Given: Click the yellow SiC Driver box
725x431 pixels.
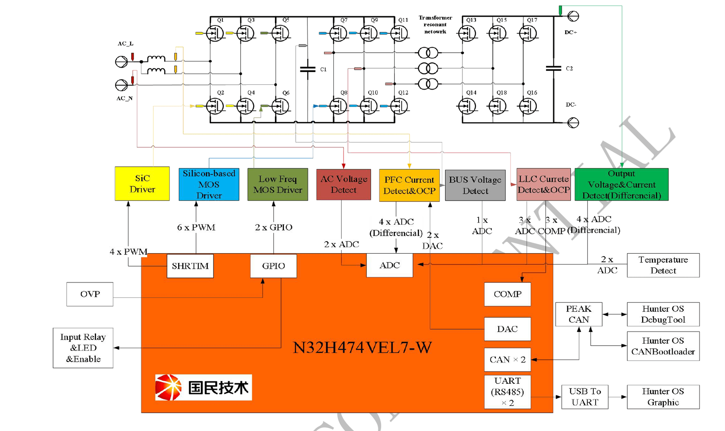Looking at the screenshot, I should (x=142, y=184).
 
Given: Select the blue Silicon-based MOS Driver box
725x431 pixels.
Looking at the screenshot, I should (x=209, y=184).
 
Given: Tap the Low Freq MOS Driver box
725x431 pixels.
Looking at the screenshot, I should (x=277, y=184).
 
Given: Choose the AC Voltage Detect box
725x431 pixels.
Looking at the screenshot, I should (x=343, y=184).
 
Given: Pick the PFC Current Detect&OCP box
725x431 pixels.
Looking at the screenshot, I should (x=409, y=185).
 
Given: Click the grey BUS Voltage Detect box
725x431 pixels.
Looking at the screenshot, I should (x=475, y=185).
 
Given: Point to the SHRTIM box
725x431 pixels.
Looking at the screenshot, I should (x=190, y=266).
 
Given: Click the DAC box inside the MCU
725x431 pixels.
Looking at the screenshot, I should (x=507, y=329).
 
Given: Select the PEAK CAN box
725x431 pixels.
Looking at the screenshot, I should (x=578, y=314).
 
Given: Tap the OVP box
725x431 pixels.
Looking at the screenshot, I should (x=90, y=294).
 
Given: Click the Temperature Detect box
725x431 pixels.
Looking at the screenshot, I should (x=663, y=265).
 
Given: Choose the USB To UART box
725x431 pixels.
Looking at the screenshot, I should (x=585, y=397).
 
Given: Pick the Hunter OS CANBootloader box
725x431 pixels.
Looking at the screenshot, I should (x=663, y=346).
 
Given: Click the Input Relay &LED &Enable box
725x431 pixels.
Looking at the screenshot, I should (x=83, y=348).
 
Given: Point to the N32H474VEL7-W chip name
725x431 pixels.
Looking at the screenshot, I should (x=362, y=348).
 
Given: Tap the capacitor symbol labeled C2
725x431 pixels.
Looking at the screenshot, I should (x=553, y=68).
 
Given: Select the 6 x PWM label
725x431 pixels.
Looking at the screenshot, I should (x=196, y=227).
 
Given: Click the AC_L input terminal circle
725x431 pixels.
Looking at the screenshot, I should (x=121, y=62).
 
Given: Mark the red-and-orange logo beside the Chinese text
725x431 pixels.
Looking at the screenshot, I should (x=168, y=387).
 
